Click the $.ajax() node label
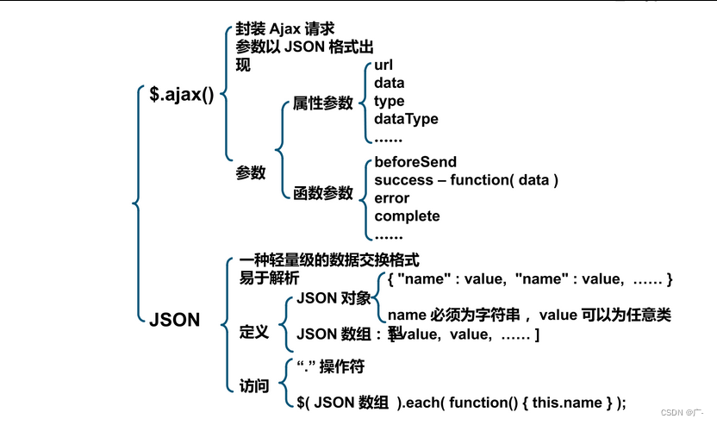click(182, 94)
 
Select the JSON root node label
click(174, 320)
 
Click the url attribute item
click(383, 66)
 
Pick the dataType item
click(406, 119)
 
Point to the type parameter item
click(389, 101)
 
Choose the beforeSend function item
click(415, 162)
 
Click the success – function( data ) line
click(466, 180)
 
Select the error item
click(391, 198)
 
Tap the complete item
click(407, 216)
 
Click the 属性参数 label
click(323, 103)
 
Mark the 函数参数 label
click(323, 193)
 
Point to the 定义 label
click(254, 331)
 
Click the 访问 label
click(254, 385)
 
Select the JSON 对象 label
click(334, 299)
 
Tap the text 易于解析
click(270, 278)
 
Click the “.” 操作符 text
click(330, 367)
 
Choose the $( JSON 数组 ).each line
click(461, 402)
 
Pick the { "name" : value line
click(529, 278)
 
